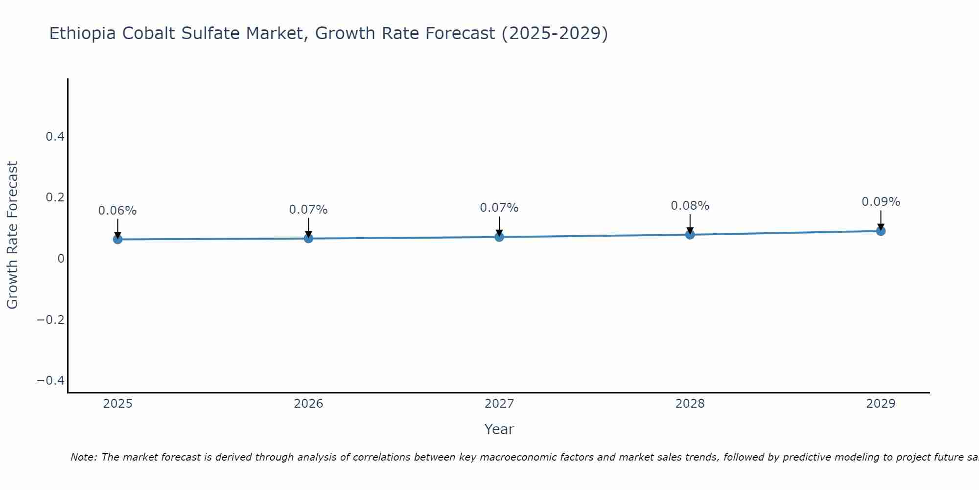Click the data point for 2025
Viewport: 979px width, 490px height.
click(x=117, y=239)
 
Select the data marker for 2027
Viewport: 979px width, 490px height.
click(x=499, y=237)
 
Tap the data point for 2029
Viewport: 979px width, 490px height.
click(x=881, y=231)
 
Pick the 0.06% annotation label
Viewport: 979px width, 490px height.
click(x=117, y=211)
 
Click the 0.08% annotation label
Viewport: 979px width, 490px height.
click(x=690, y=206)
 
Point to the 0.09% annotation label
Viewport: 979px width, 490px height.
click(x=881, y=202)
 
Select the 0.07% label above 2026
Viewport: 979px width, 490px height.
click(x=308, y=210)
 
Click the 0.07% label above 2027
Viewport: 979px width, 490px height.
click(x=499, y=208)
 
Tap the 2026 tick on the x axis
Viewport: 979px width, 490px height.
click(x=308, y=404)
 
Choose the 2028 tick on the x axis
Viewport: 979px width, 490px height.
click(x=690, y=404)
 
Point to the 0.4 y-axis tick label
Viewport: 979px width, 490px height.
click(x=55, y=137)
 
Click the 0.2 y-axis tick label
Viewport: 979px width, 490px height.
click(x=55, y=197)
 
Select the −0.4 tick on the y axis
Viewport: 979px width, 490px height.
click(x=51, y=381)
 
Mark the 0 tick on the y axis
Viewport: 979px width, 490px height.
click(x=61, y=259)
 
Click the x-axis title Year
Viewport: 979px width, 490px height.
click(x=499, y=429)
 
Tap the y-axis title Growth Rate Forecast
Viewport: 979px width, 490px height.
click(x=12, y=235)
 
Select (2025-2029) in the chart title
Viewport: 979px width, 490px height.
click(x=555, y=33)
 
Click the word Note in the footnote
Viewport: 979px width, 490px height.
click(x=84, y=457)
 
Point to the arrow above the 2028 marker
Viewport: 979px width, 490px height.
click(x=690, y=223)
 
